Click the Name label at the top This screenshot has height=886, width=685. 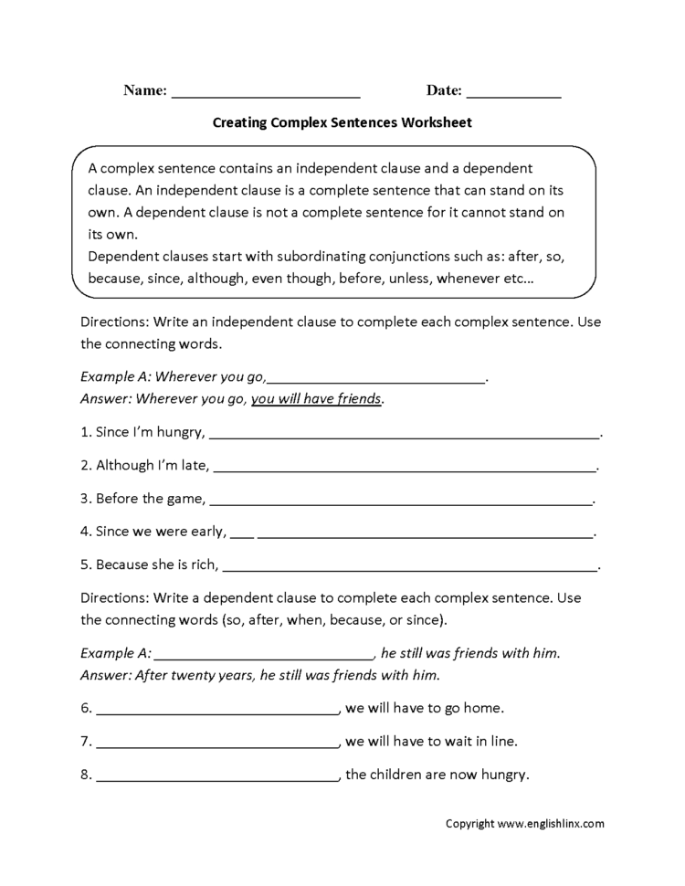tap(143, 90)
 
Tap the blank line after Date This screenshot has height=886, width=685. tap(514, 94)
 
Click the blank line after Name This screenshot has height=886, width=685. tap(266, 94)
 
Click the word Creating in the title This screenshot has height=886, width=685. tap(239, 121)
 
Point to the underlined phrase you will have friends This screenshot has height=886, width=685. tap(317, 398)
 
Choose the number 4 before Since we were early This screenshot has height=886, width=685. tap(85, 531)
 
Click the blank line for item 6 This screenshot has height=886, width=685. tap(216, 712)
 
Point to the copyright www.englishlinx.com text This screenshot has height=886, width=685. tap(524, 823)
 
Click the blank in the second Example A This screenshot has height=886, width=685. tap(263, 657)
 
